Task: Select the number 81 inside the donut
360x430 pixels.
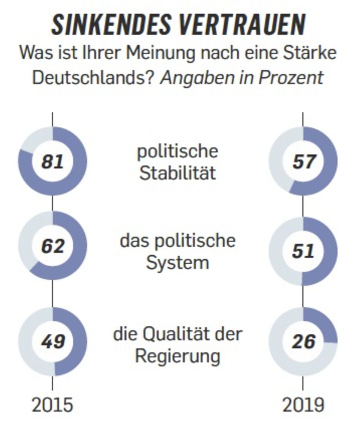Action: (x=52, y=162)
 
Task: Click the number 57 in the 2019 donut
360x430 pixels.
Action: (x=303, y=162)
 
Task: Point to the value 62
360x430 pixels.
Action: (x=52, y=246)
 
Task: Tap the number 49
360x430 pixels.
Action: (x=52, y=342)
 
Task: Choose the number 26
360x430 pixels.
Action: (x=303, y=342)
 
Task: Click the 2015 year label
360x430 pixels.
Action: (x=52, y=405)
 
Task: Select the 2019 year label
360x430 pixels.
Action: (x=303, y=405)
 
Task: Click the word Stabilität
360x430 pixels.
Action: (x=177, y=173)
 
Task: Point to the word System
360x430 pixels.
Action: (x=177, y=262)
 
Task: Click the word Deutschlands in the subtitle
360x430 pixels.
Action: (x=94, y=78)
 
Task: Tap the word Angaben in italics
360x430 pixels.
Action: (x=192, y=78)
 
